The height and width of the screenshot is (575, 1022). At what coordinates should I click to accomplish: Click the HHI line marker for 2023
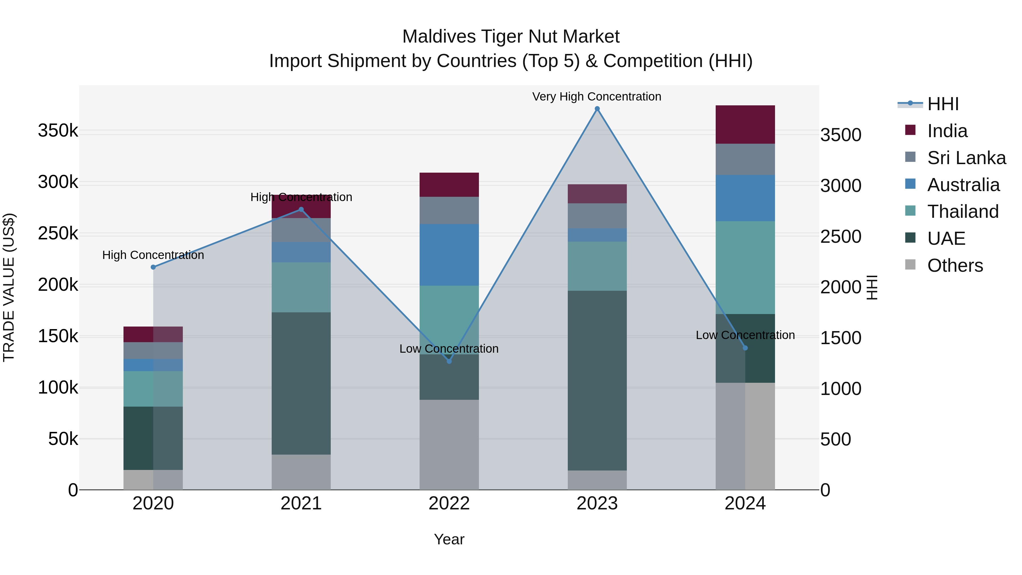(597, 109)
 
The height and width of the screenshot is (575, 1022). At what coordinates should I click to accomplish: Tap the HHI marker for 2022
(449, 361)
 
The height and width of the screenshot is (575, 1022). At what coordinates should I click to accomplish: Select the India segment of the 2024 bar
(745, 125)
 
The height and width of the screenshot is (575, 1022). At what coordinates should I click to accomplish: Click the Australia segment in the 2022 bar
(449, 255)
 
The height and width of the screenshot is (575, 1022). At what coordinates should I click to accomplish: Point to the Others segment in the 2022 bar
(449, 444)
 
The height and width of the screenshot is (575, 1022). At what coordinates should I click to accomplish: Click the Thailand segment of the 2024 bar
(745, 267)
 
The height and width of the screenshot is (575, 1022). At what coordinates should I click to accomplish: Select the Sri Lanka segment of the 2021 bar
(301, 230)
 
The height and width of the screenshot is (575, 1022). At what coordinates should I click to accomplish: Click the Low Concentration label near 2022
(449, 349)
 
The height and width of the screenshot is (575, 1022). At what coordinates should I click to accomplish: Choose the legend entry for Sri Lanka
(966, 158)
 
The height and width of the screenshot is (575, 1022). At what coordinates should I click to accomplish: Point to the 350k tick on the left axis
(58, 131)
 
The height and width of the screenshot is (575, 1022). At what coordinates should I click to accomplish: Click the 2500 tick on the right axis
(841, 237)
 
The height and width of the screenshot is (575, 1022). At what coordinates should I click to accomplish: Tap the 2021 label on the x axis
(301, 503)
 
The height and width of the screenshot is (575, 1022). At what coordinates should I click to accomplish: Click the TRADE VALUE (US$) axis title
(9, 287)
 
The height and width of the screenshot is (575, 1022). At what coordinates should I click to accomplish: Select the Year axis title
(449, 539)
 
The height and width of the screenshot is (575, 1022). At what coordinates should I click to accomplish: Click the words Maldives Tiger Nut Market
(511, 37)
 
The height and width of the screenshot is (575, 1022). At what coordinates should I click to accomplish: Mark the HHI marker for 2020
(153, 267)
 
